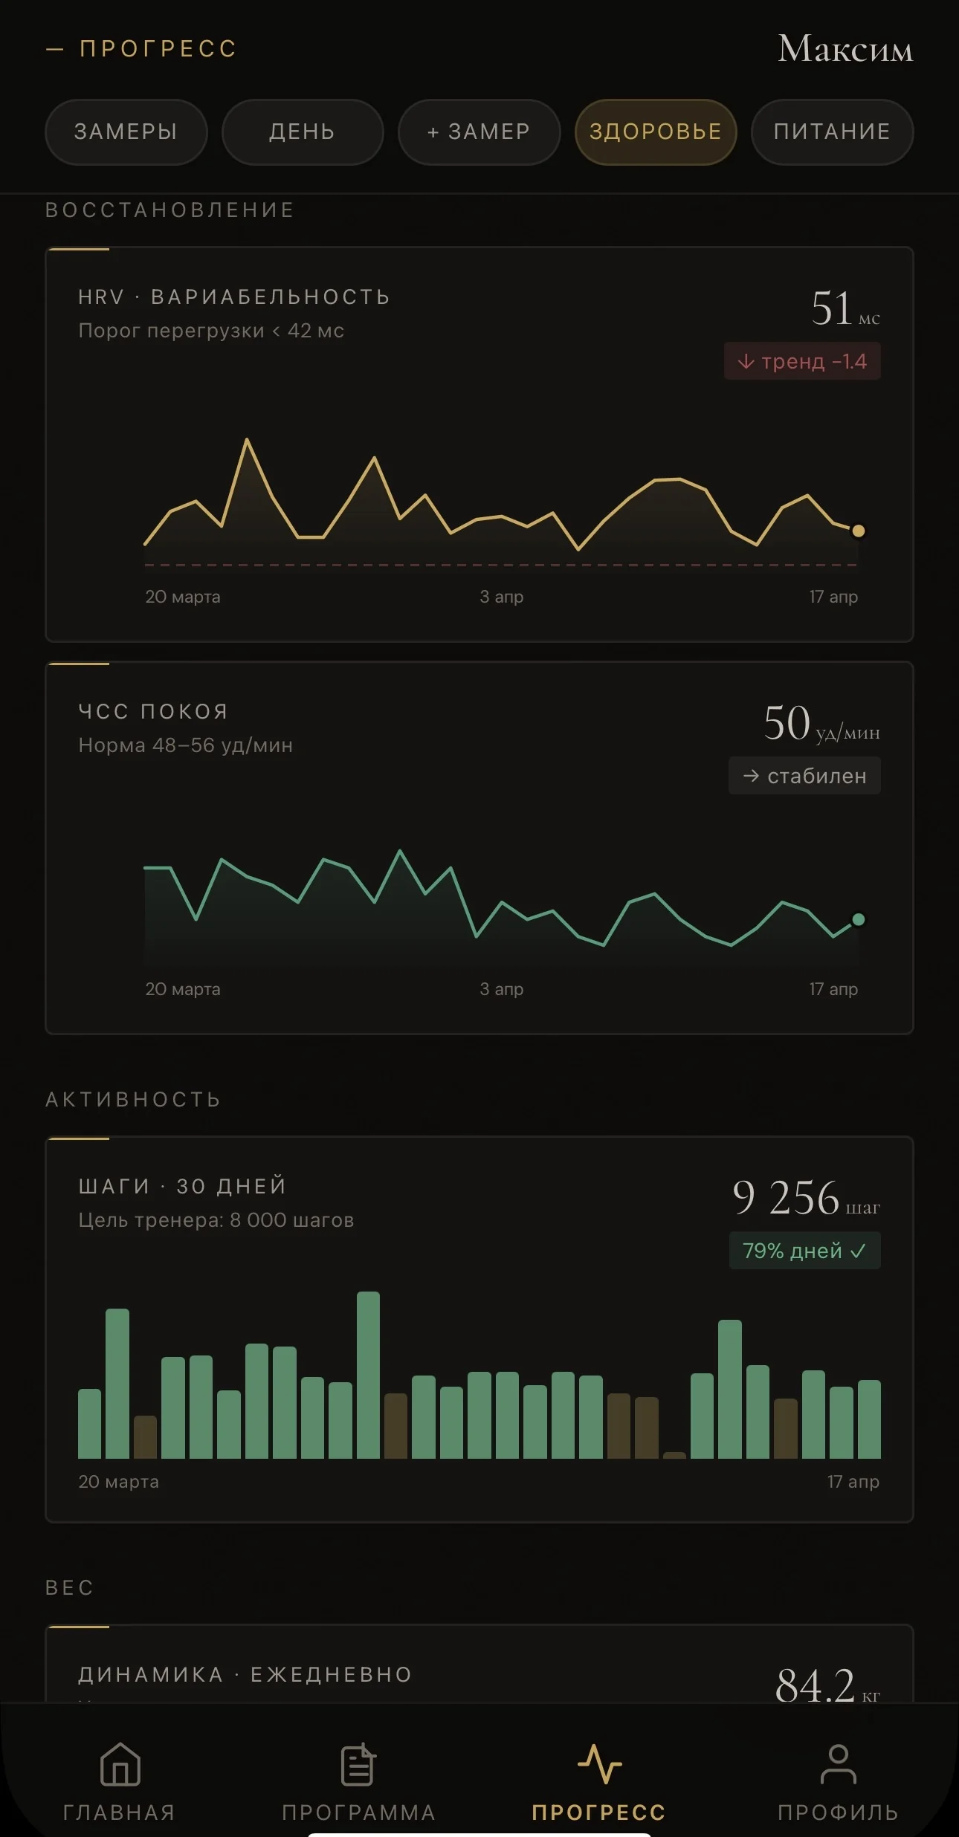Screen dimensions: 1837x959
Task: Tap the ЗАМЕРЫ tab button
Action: [x=126, y=132]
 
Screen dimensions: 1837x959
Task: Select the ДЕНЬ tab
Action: [x=302, y=132]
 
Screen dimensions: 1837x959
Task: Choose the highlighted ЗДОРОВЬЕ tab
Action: [x=655, y=132]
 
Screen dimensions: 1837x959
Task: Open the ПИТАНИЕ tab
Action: [x=832, y=132]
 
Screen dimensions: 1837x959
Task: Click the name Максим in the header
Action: [x=845, y=49]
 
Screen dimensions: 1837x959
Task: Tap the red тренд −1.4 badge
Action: [x=802, y=361]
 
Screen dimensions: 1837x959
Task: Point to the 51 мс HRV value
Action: [x=844, y=309]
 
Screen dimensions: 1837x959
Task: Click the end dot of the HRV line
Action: [x=858, y=531]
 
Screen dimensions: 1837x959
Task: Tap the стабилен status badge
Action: [x=804, y=776]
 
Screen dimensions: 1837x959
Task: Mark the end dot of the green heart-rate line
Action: [x=858, y=919]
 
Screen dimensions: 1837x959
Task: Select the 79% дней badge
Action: [x=804, y=1251]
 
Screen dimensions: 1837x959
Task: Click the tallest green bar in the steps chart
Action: [x=368, y=1375]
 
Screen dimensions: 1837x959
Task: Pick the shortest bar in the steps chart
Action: [x=674, y=1455]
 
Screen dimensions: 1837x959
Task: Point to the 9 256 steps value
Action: [x=805, y=1198]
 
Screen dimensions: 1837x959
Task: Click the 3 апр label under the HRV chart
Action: [x=501, y=597]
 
